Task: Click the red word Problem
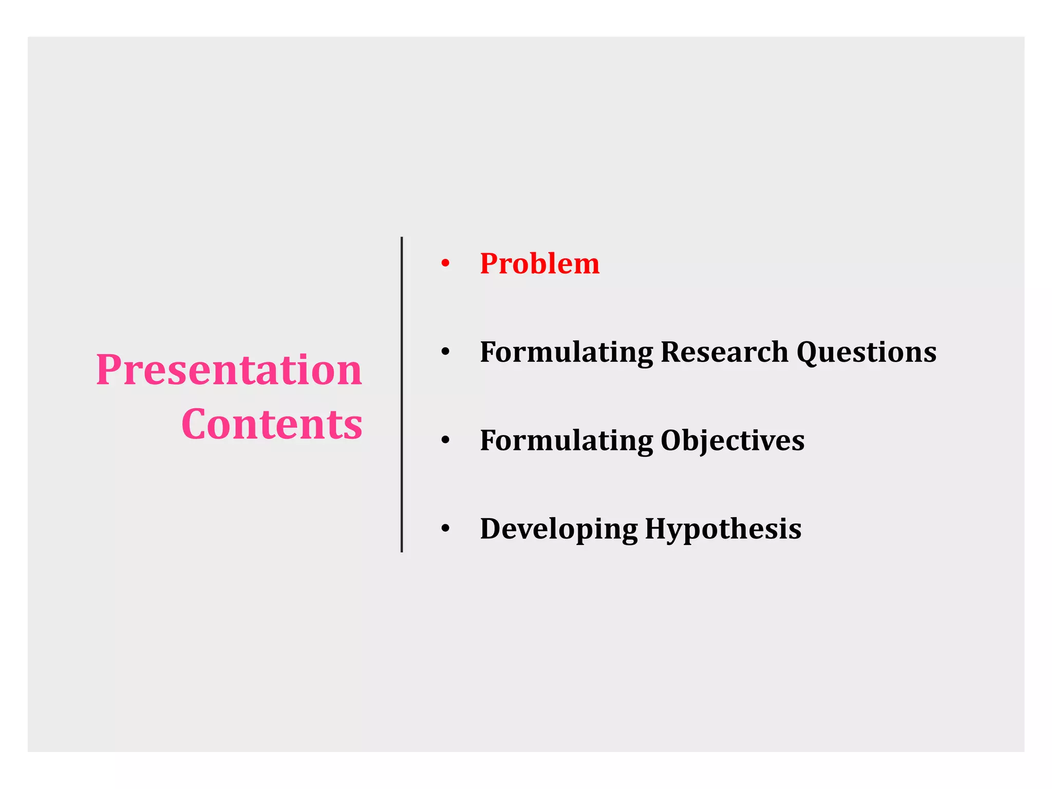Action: click(539, 264)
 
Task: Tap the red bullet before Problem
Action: click(445, 264)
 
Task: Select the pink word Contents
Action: click(272, 424)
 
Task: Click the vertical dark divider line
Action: click(402, 394)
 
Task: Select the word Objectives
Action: click(732, 441)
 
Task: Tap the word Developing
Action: click(558, 530)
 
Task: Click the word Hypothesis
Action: click(723, 530)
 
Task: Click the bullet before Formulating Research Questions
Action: click(445, 352)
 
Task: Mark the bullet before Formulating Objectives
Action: click(445, 441)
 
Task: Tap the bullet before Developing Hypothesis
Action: click(445, 529)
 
